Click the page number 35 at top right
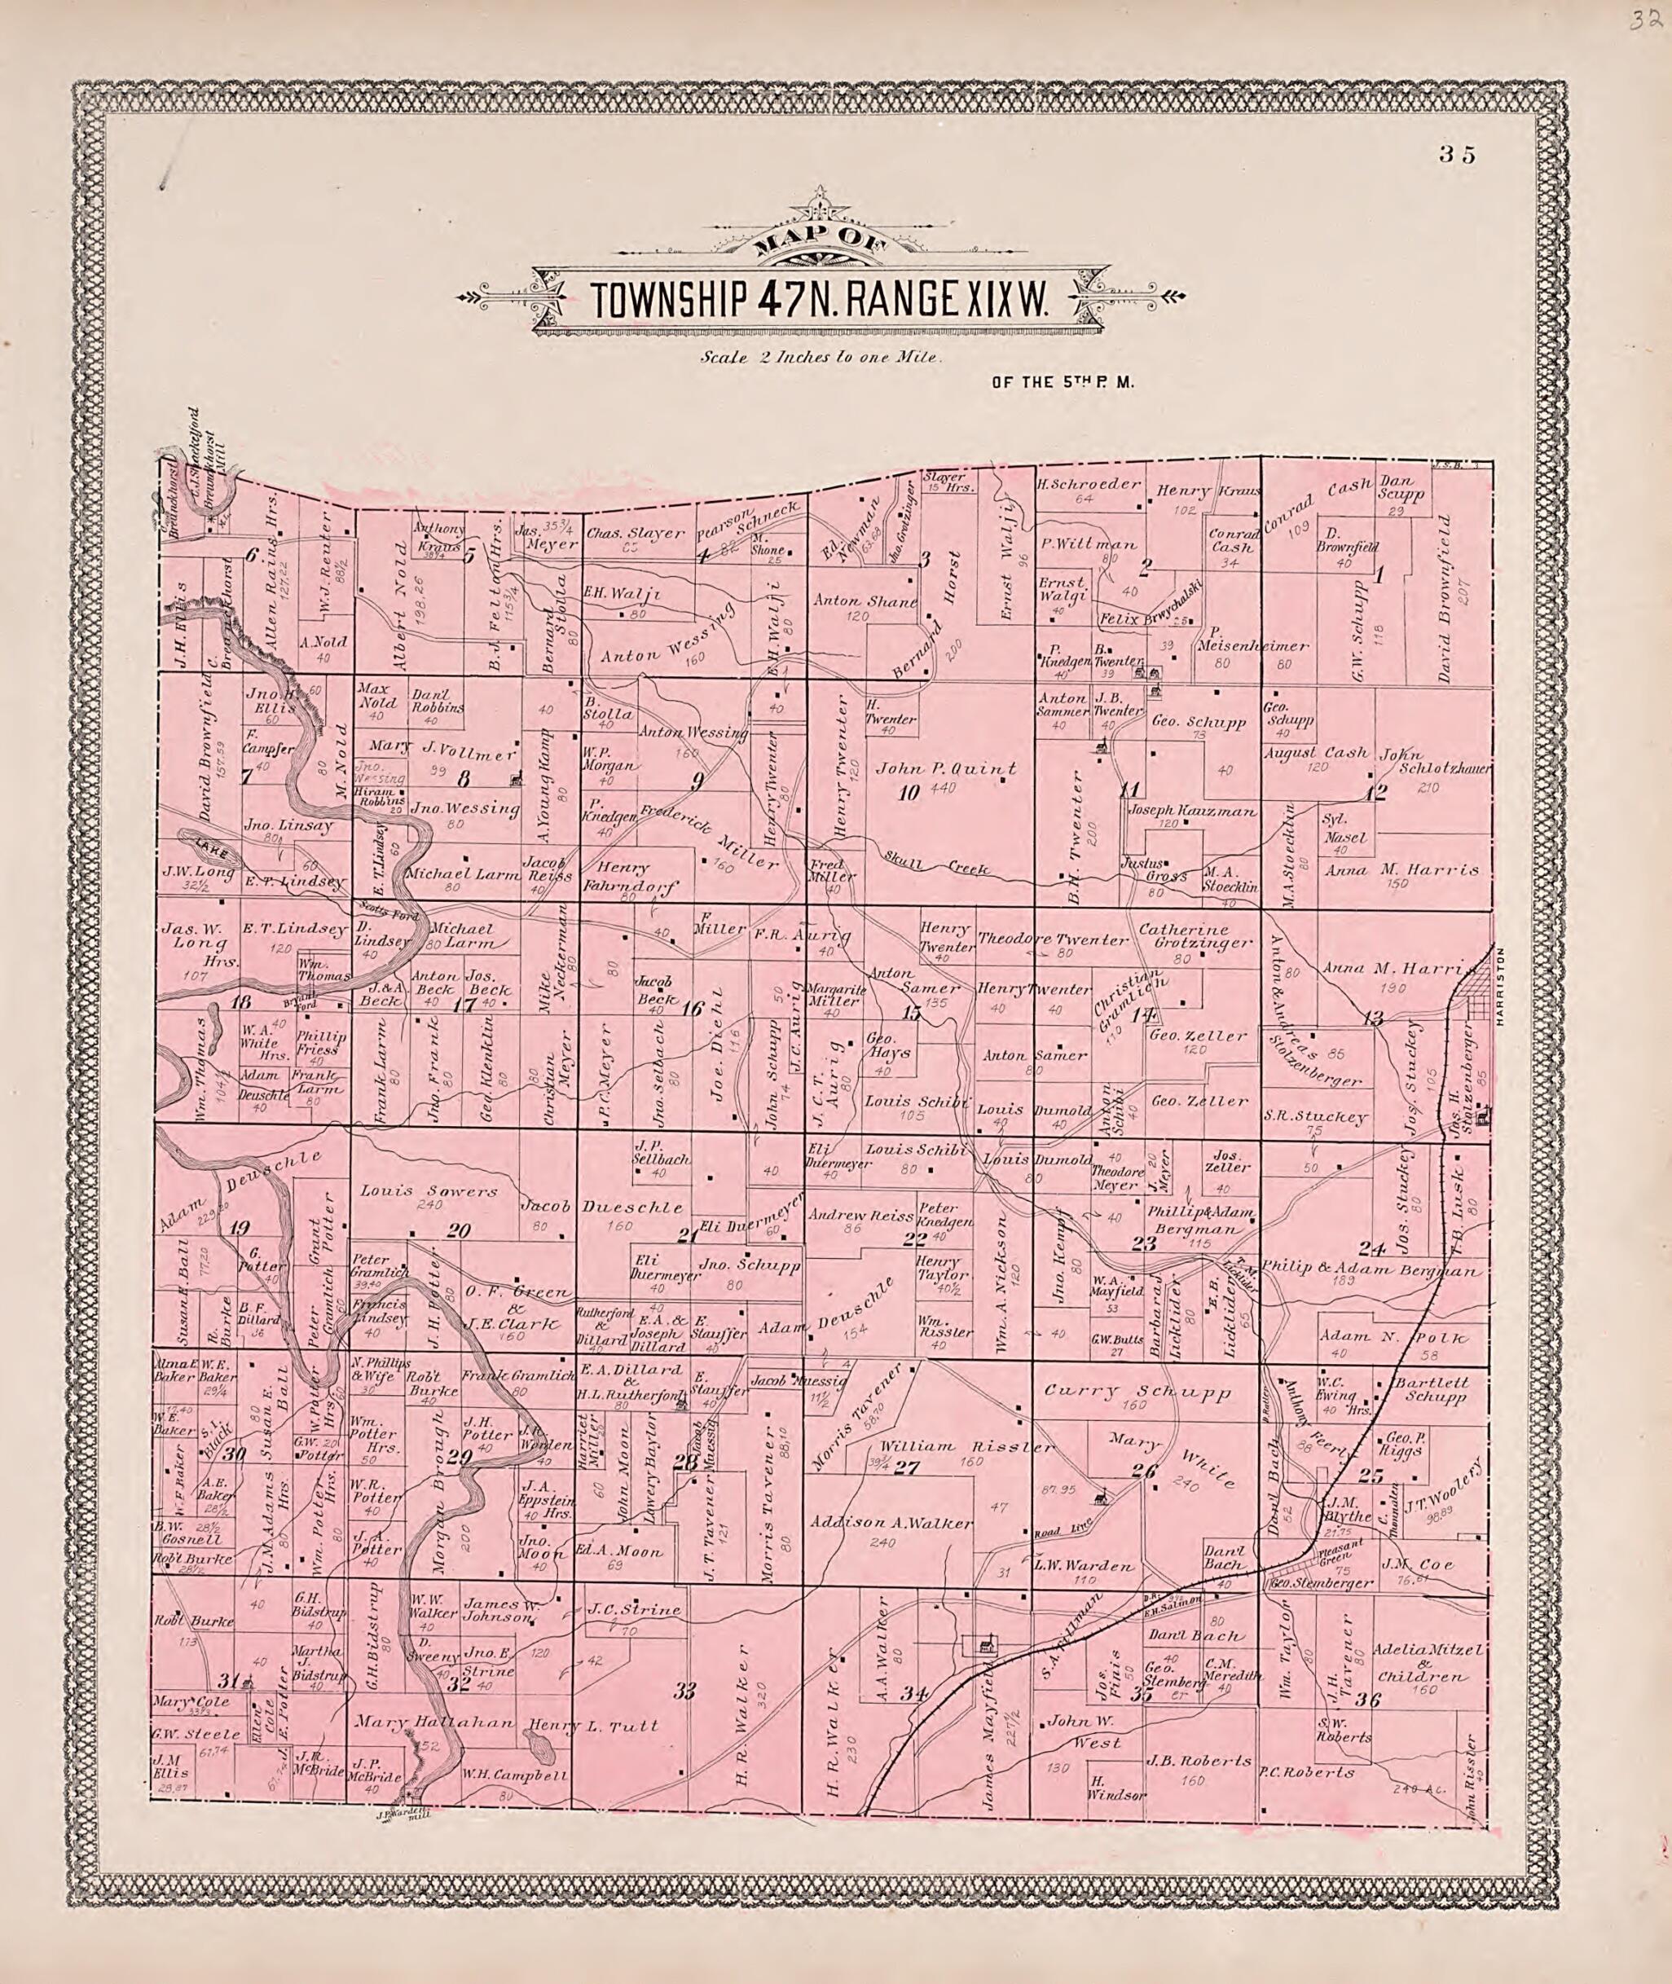[1456, 156]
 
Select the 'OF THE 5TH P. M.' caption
[1062, 384]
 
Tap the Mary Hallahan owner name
[435, 1723]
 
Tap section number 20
[459, 1231]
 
